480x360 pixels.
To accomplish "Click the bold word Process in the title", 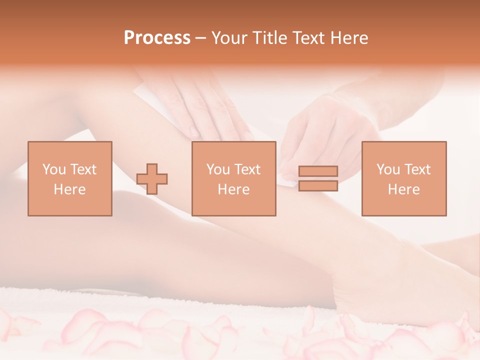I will click(157, 38).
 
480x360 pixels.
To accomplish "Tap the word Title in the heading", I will click(270, 38).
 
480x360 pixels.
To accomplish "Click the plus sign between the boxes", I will click(152, 179).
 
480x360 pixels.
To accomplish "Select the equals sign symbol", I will click(318, 178).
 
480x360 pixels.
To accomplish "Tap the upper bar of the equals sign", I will click(318, 171).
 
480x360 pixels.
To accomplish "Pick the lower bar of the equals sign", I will click(318, 186).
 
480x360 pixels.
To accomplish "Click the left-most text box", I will click(69, 178).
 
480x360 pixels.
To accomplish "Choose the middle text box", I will click(233, 178).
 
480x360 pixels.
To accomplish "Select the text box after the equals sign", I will click(403, 178).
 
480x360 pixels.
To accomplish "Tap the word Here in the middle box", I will click(233, 189).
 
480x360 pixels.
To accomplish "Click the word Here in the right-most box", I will click(403, 189).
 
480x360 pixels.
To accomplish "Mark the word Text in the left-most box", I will click(82, 169).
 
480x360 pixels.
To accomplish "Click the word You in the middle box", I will click(218, 169).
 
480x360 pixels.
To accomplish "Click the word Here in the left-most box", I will click(69, 189).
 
